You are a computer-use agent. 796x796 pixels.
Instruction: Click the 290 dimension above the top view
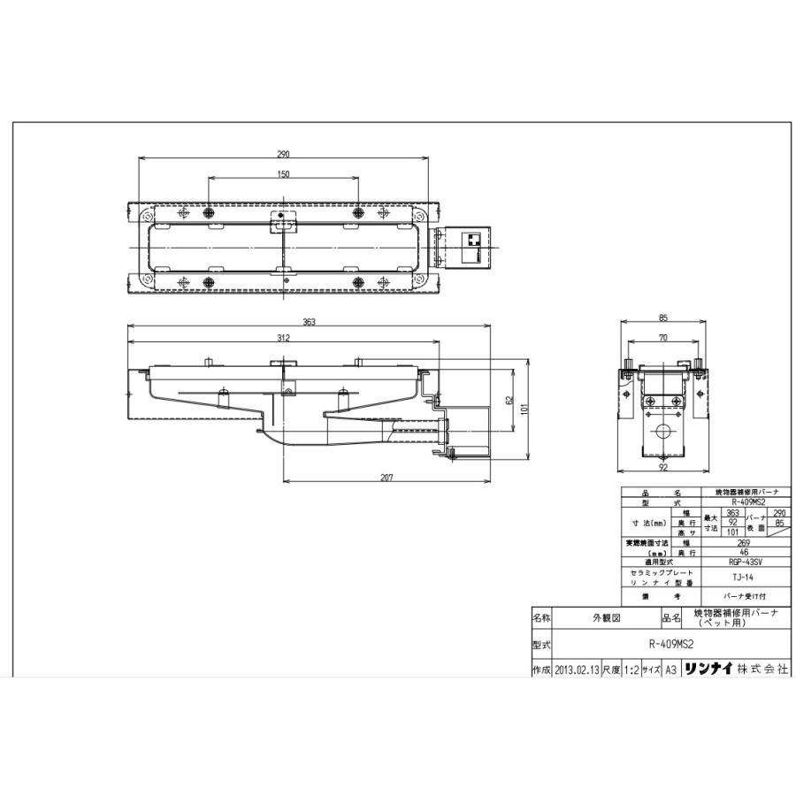coord(283,154)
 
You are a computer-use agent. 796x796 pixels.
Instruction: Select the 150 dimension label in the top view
coord(283,174)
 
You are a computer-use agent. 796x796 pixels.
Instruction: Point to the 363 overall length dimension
coord(309,322)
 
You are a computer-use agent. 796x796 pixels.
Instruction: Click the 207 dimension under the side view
coord(386,478)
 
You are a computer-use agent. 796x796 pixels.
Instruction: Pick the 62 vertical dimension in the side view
coord(509,400)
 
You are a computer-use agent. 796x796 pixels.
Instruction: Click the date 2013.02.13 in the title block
coord(578,670)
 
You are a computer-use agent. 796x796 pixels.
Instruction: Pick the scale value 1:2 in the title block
coord(631,670)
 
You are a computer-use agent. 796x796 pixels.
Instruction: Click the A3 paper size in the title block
coord(670,670)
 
